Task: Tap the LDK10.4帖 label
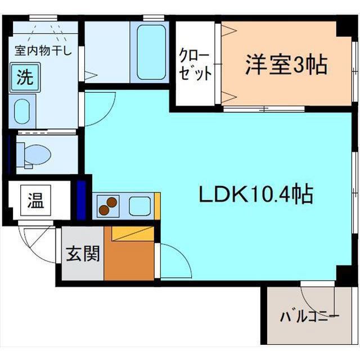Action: pos(255,195)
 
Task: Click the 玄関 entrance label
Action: pos(82,254)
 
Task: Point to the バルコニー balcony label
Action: pos(310,317)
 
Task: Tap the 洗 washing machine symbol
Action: pos(24,78)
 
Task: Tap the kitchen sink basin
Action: pos(139,206)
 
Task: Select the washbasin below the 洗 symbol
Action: pos(24,112)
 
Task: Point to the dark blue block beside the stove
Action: pos(82,200)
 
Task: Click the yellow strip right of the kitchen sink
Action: pos(157,206)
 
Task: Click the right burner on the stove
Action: pos(112,202)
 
